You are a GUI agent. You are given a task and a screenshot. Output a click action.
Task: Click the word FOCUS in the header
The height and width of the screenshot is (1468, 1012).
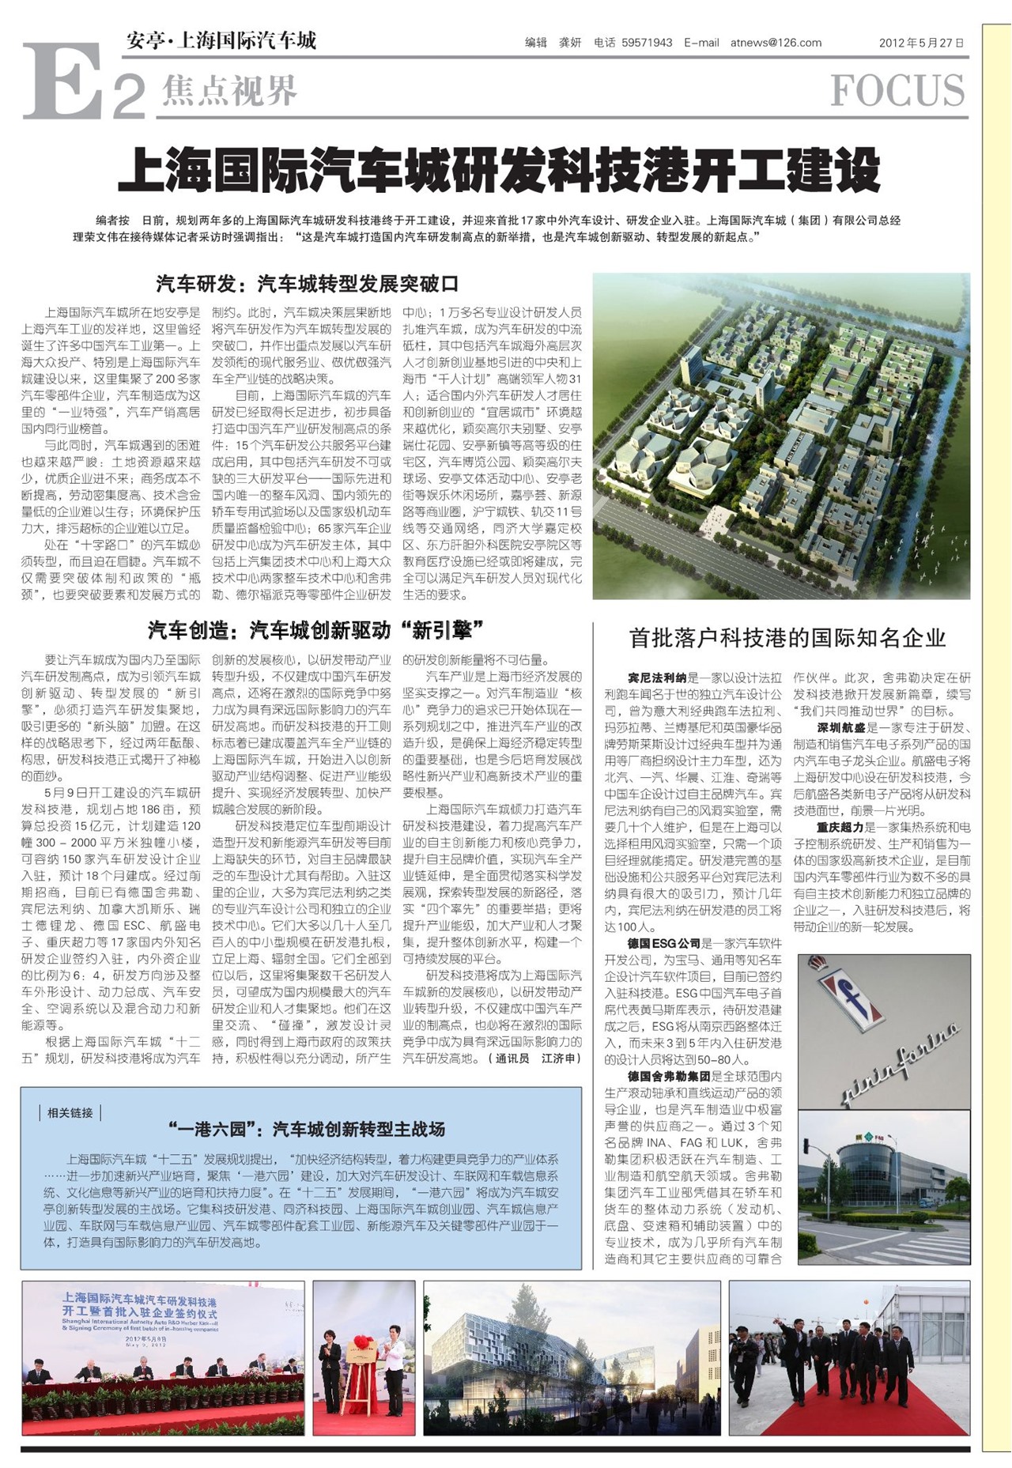897,91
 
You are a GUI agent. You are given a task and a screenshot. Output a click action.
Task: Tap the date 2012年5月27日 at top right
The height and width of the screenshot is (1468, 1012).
921,43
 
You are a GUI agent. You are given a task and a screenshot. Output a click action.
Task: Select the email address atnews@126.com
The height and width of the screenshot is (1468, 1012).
776,43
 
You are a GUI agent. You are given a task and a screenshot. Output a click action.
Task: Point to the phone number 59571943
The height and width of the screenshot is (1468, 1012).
647,43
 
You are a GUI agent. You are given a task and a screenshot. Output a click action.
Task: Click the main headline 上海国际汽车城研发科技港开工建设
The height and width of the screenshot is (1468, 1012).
499,170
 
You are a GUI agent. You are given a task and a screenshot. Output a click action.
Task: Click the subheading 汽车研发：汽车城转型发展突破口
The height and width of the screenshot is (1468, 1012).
308,284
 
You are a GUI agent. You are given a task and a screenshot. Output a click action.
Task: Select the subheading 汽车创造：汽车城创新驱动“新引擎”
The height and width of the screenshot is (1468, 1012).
315,630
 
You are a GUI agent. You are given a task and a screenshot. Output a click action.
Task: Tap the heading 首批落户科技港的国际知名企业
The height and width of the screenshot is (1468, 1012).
787,637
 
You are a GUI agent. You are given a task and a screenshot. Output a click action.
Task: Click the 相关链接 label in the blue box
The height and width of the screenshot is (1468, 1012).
70,1112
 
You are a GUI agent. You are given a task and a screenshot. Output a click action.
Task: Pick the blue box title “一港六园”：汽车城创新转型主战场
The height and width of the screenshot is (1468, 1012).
307,1129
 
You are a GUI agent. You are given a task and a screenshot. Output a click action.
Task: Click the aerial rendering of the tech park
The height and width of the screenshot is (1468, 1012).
781,436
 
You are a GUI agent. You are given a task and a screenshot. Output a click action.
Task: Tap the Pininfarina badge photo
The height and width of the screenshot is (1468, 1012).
884,1031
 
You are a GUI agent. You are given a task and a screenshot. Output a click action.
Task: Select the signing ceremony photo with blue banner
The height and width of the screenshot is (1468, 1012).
163,1357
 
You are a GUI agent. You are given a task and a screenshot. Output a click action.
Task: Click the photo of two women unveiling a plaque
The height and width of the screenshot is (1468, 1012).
364,1357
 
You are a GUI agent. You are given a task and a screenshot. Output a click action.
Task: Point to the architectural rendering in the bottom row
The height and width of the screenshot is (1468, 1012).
572,1357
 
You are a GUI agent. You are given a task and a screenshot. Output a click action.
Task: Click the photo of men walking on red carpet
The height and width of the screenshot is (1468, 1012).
848,1357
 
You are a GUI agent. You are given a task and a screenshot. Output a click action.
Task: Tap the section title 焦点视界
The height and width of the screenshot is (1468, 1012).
229,91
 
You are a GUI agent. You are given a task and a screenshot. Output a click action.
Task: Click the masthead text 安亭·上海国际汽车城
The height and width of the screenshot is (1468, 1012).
221,40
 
